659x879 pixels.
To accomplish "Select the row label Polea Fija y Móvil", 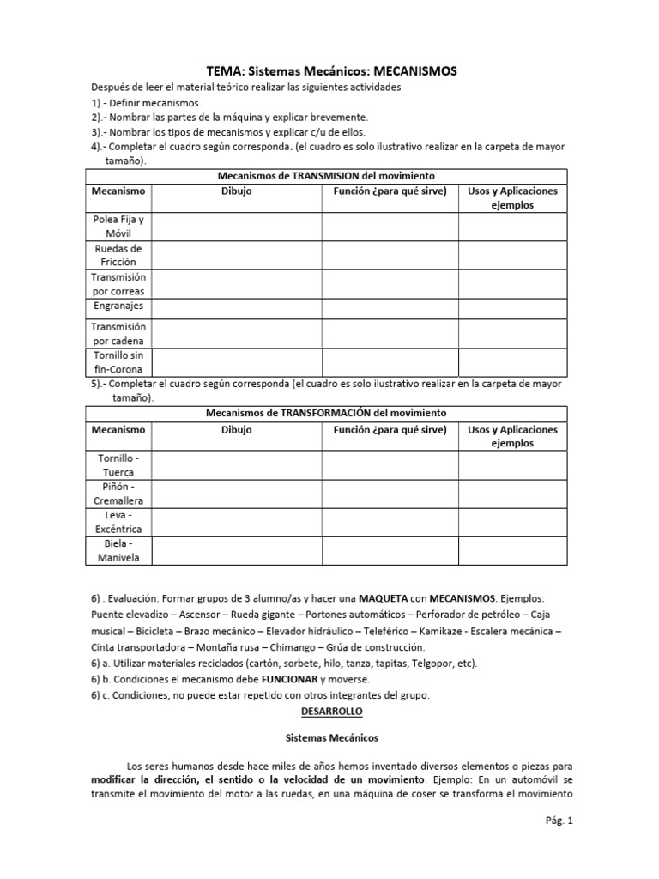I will [119, 227].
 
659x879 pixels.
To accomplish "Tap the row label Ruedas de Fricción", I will [119, 255].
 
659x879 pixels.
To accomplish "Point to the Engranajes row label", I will [119, 306].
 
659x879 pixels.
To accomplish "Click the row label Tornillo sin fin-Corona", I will [119, 361].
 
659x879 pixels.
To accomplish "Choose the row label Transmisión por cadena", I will [119, 334].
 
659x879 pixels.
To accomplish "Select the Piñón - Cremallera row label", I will [119, 494].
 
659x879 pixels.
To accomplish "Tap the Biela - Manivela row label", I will [119, 550].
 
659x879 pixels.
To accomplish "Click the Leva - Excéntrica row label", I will [119, 522].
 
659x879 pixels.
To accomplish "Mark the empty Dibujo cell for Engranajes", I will [237, 306].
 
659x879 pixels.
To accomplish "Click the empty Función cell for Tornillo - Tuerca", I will [390, 465].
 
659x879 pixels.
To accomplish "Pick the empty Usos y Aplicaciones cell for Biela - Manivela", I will [512, 550].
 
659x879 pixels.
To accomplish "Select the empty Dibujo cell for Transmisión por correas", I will [237, 284].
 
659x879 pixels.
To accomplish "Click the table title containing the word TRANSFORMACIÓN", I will [326, 413].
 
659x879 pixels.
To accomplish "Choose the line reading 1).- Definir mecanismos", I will [147, 102].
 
